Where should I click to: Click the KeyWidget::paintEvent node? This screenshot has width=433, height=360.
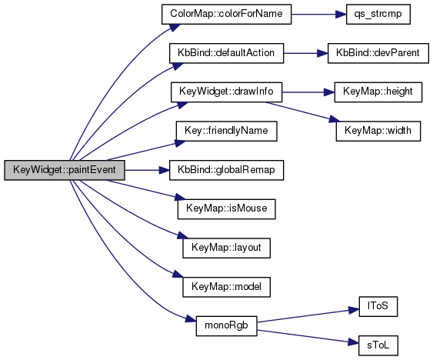(x=65, y=170)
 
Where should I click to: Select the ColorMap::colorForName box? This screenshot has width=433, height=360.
(x=226, y=14)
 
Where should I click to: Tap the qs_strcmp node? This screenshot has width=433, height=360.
(x=378, y=14)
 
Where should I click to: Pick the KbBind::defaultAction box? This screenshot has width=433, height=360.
(x=226, y=53)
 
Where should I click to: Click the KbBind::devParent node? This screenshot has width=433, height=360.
(x=378, y=53)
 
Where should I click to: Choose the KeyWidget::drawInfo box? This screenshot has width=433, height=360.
(x=226, y=92)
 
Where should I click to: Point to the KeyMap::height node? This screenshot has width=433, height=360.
(x=378, y=92)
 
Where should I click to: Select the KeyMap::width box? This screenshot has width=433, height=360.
(x=378, y=131)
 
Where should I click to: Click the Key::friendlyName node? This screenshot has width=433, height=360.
(x=226, y=131)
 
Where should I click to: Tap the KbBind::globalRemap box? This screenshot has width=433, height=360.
(x=226, y=170)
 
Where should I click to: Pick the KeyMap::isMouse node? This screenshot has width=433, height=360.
(x=226, y=209)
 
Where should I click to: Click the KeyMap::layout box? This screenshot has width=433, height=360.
(x=226, y=248)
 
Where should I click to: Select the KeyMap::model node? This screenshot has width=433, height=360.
(x=226, y=287)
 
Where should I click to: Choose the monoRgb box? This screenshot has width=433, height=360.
(x=226, y=326)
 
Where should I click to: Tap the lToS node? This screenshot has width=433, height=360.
(x=378, y=306)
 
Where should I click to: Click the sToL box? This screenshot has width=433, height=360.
(x=378, y=345)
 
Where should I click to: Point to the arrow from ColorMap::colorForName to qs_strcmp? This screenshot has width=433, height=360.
(x=318, y=14)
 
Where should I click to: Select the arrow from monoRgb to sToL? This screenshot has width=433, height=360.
(x=308, y=336)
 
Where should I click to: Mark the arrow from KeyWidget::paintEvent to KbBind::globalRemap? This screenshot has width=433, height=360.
(x=147, y=170)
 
